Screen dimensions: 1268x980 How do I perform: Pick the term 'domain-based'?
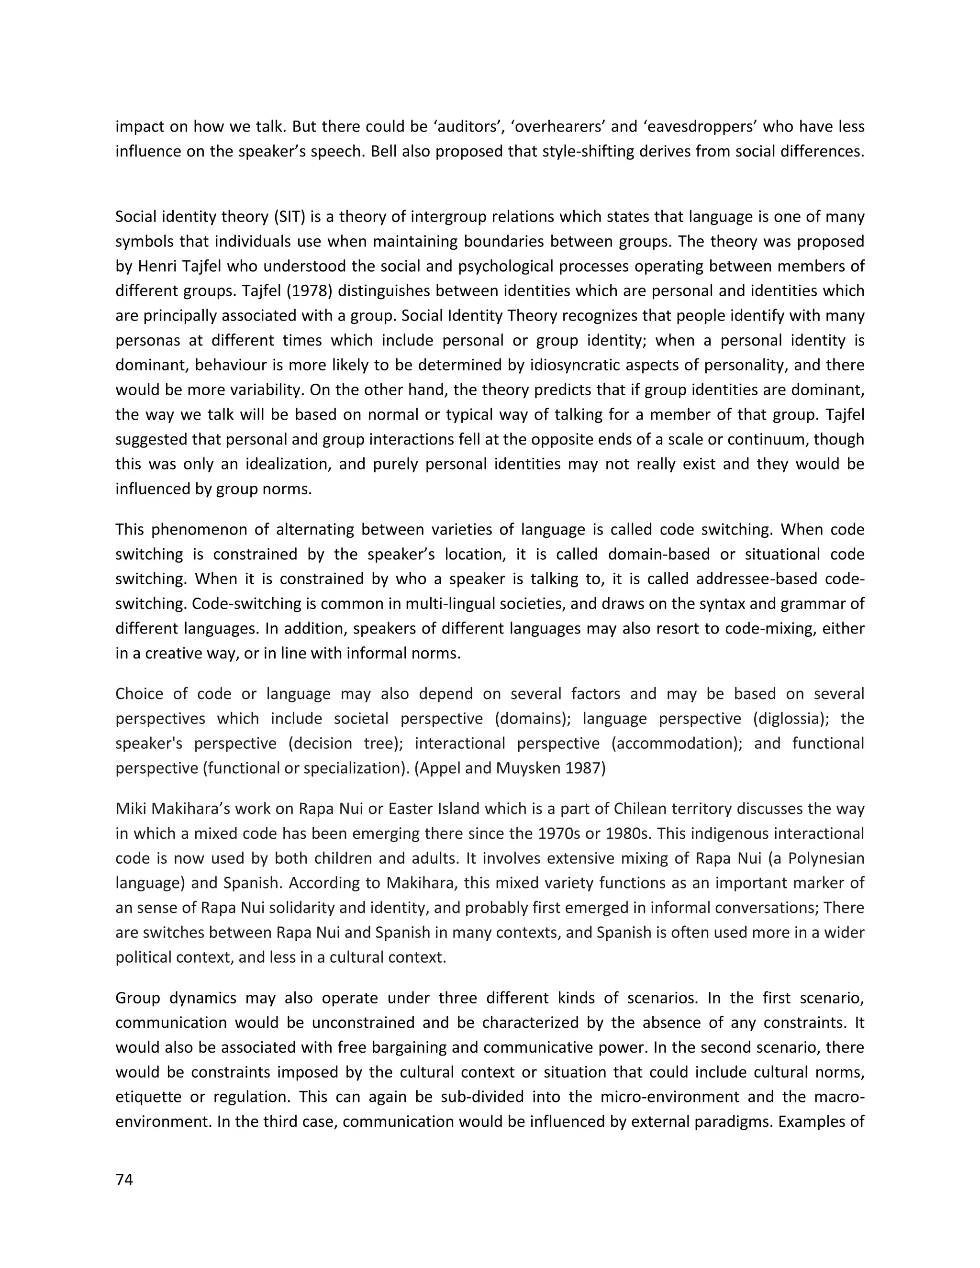pos(658,555)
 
